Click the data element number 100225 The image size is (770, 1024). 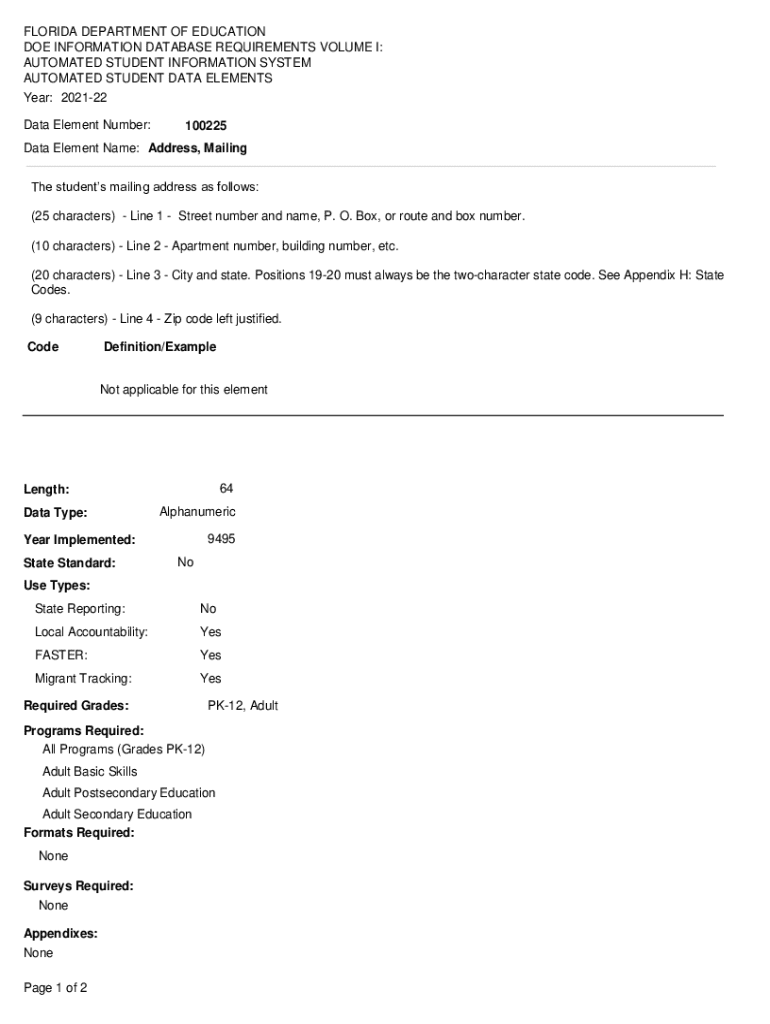pyautogui.click(x=206, y=126)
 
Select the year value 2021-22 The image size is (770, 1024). pyautogui.click(x=84, y=98)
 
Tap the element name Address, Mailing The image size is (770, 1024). pyautogui.click(x=197, y=148)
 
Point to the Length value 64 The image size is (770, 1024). pyautogui.click(x=226, y=489)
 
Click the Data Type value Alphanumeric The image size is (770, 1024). pyautogui.click(x=197, y=512)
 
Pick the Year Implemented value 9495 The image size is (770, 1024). pyautogui.click(x=221, y=539)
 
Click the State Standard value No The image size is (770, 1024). pyautogui.click(x=186, y=562)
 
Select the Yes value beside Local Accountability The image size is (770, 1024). pyautogui.click(x=210, y=632)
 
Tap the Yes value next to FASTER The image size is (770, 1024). pyautogui.click(x=210, y=655)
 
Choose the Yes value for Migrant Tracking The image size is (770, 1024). pyautogui.click(x=210, y=679)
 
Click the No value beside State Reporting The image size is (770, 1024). pyautogui.click(x=208, y=609)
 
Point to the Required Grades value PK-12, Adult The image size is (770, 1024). pyautogui.click(x=243, y=706)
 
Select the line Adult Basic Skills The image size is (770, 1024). pyautogui.click(x=90, y=772)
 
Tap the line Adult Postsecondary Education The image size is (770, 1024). pyautogui.click(x=128, y=793)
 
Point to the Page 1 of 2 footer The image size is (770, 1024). pyautogui.click(x=55, y=988)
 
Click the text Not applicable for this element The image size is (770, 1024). pyautogui.click(x=183, y=390)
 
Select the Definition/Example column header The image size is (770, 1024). pyautogui.click(x=159, y=347)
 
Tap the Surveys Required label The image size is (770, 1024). pyautogui.click(x=78, y=886)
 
